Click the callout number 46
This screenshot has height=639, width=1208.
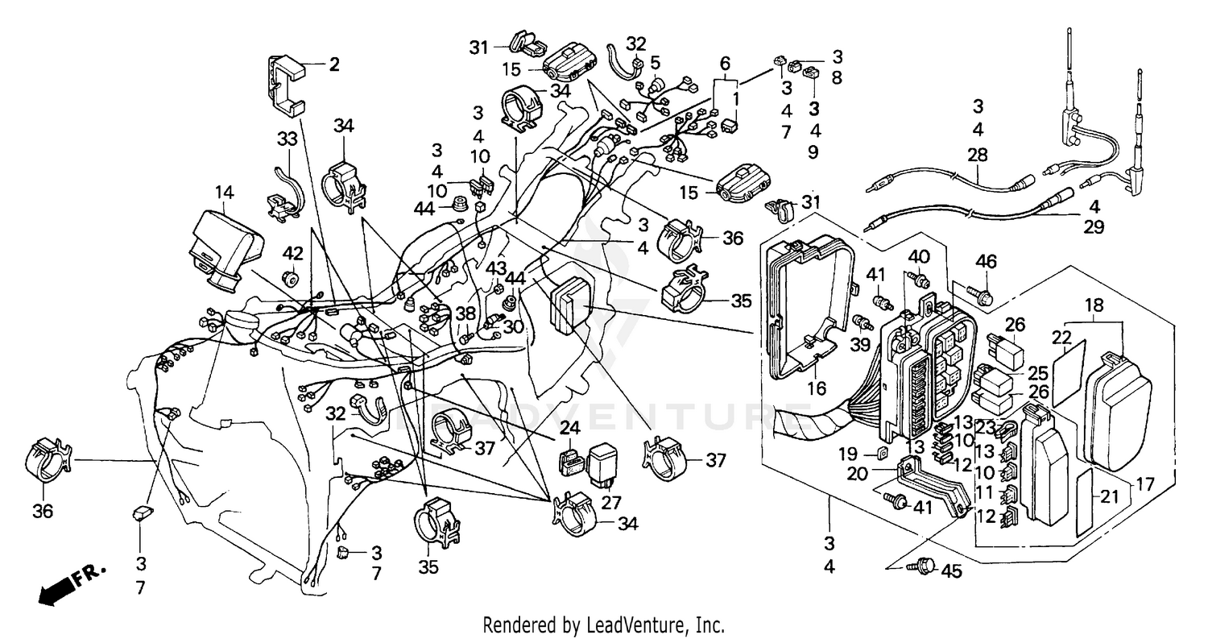tap(986, 260)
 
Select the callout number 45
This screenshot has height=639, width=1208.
tap(951, 571)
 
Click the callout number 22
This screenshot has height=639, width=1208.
tap(1063, 337)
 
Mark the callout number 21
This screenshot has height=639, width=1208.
tap(1110, 497)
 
